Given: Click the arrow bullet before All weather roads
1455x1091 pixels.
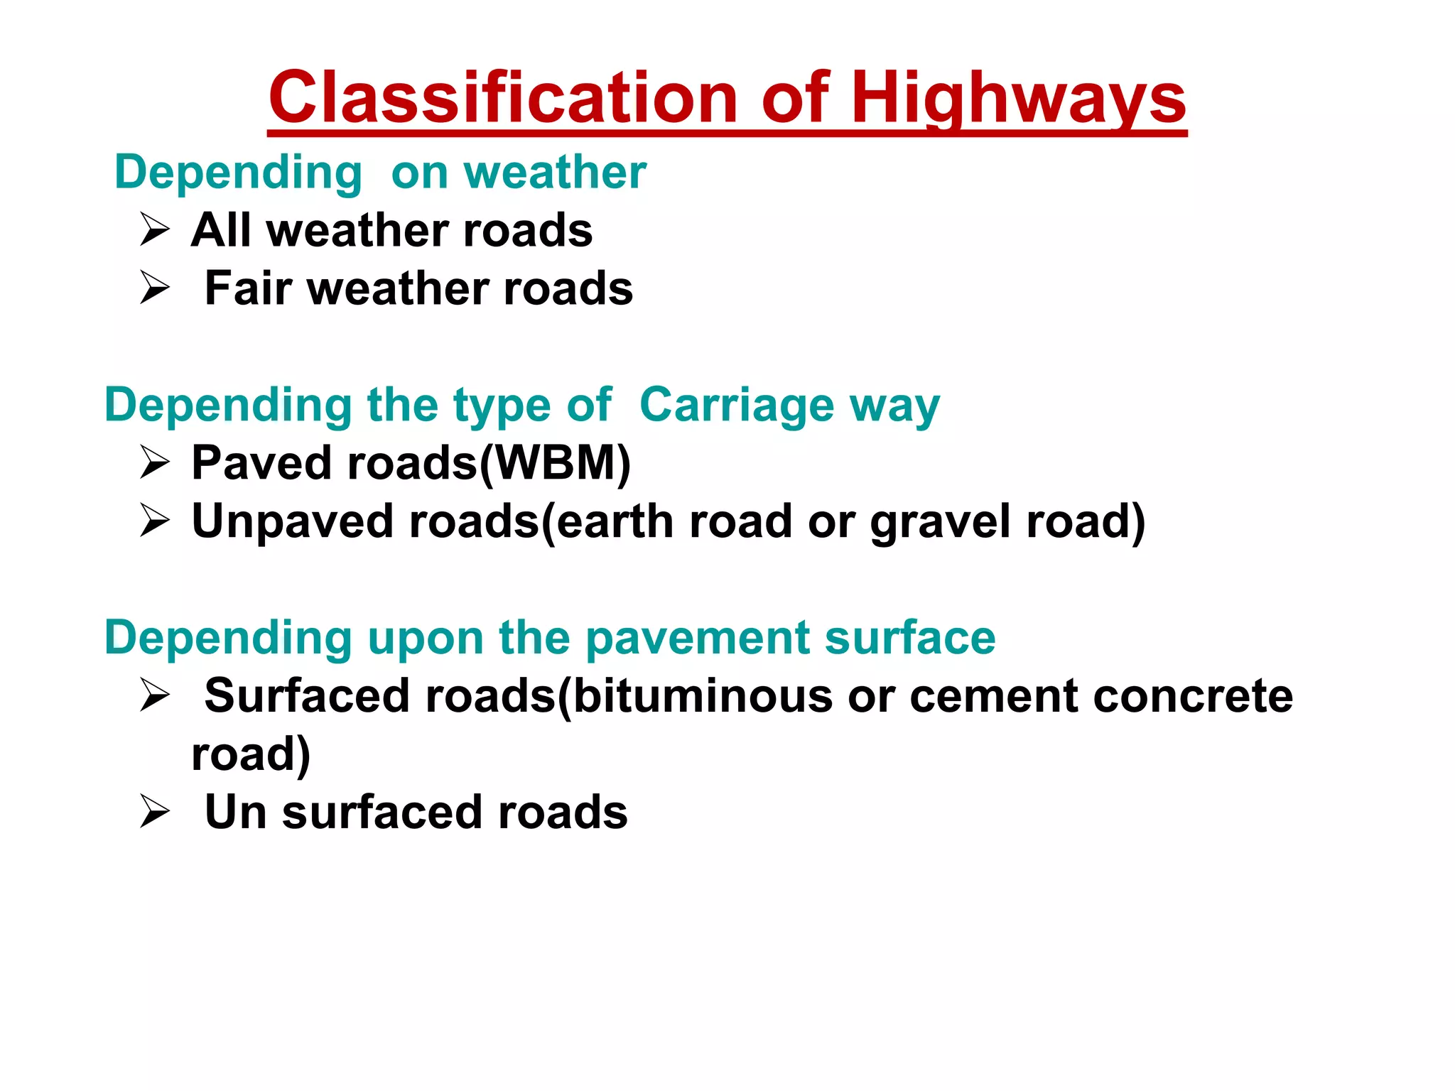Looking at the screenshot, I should [x=154, y=230].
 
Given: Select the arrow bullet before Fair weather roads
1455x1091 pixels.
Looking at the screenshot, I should [x=154, y=288].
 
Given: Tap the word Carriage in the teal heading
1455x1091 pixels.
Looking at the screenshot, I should [x=736, y=406].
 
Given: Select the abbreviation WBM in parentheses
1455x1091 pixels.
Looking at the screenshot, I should [x=554, y=463].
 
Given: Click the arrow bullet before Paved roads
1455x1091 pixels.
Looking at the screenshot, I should [x=154, y=463].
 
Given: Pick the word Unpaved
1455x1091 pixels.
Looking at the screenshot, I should [x=292, y=521].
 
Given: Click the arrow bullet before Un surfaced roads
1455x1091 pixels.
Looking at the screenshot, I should [x=154, y=811].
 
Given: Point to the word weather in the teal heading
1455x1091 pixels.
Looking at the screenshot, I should [x=555, y=173].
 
